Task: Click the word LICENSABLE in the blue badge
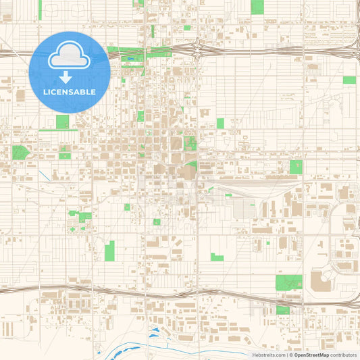69,92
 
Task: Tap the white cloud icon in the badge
69,57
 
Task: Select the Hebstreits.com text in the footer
269,354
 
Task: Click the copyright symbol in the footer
290,354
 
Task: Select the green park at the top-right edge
257,7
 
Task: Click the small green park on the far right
349,80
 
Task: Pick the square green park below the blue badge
62,122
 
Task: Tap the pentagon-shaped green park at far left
20,153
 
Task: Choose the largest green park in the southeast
288,282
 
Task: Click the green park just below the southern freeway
282,310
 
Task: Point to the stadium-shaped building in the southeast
320,279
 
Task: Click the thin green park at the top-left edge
40,9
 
